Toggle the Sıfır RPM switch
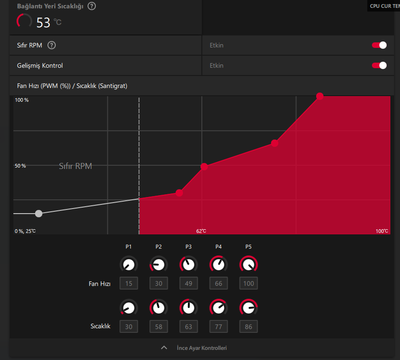[x=379, y=45]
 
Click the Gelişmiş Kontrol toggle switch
[x=379, y=65]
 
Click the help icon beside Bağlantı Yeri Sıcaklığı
[x=92, y=6]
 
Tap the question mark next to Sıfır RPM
[x=52, y=45]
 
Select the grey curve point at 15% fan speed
[x=39, y=213]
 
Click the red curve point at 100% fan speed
[x=320, y=96]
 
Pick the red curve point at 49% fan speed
[x=204, y=166]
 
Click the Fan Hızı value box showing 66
[x=218, y=283]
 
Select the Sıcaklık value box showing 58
[x=159, y=327]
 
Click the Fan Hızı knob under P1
[x=129, y=264]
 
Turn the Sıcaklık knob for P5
[x=248, y=308]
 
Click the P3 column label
[x=188, y=247]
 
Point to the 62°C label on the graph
[x=201, y=231]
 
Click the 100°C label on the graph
[x=382, y=231]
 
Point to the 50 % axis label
[x=20, y=166]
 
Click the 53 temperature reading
[x=43, y=22]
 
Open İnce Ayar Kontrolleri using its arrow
[x=164, y=348]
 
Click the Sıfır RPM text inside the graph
[x=76, y=166]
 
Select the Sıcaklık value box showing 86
[x=248, y=327]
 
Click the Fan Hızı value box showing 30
[x=159, y=283]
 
